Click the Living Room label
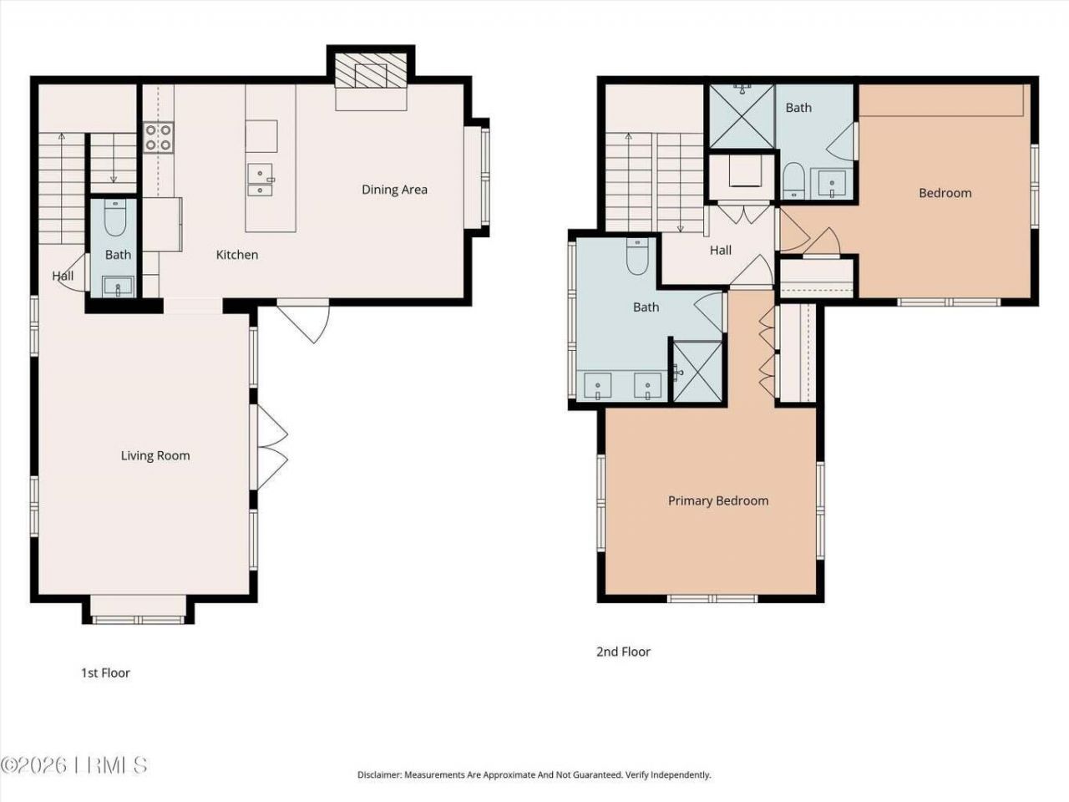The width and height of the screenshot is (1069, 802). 155,455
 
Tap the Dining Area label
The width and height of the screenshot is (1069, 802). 394,190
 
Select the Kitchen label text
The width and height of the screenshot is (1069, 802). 237,255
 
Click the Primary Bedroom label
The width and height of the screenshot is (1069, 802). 718,500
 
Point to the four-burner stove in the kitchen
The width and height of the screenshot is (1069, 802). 158,138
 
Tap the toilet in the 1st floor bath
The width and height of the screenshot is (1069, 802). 117,221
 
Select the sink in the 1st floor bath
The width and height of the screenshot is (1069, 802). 118,287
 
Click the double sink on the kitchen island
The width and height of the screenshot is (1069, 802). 261,181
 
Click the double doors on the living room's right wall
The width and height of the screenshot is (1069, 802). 272,448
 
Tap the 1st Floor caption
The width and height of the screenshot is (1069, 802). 105,673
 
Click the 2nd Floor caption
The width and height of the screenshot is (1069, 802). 623,652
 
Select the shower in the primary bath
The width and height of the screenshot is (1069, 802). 698,371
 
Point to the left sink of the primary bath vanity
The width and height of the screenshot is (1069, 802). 598,386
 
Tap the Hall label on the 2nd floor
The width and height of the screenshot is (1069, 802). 721,250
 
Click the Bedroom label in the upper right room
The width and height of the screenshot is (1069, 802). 945,193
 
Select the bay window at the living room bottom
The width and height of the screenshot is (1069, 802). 138,611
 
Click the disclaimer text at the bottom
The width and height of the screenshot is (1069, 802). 534,774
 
